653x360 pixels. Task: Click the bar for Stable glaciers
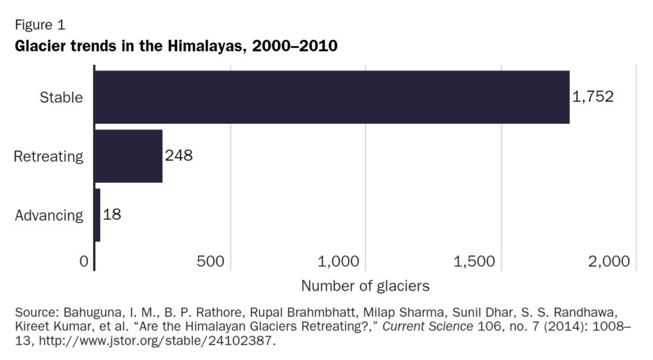332,97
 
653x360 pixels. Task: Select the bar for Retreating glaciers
128,156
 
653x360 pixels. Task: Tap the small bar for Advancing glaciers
97,215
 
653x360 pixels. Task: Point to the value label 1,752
593,97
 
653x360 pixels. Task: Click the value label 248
179,156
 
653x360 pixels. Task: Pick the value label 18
112,215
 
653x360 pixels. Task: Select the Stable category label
62,98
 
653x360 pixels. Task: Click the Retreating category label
48,156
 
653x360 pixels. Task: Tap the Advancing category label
49,215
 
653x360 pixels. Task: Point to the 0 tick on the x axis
84,261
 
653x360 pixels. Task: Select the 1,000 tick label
338,261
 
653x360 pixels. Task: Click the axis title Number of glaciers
365,286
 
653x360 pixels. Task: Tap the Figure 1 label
39,26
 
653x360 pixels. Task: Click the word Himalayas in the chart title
207,47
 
